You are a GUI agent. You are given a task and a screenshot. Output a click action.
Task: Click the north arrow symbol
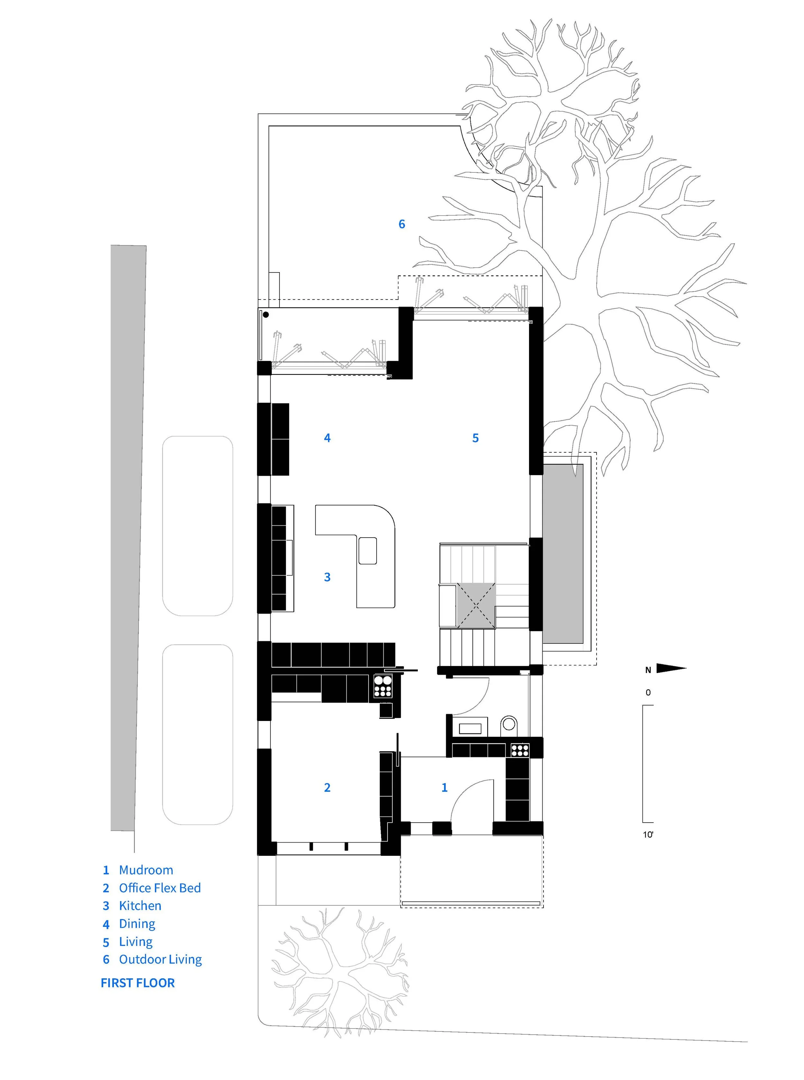point(671,669)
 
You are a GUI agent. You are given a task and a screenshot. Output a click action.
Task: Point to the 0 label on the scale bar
point(648,692)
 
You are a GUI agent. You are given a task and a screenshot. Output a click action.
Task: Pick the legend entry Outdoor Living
point(160,959)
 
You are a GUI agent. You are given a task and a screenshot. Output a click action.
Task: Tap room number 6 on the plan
point(401,224)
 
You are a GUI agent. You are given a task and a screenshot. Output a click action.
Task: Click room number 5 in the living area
point(476,438)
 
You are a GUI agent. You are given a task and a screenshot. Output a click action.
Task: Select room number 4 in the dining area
point(327,438)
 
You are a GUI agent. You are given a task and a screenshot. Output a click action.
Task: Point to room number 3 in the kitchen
point(327,577)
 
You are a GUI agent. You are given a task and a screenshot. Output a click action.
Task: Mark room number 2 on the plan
point(327,787)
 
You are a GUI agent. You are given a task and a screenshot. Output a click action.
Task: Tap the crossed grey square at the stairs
point(476,606)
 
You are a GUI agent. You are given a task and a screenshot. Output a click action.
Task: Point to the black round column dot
point(266,315)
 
